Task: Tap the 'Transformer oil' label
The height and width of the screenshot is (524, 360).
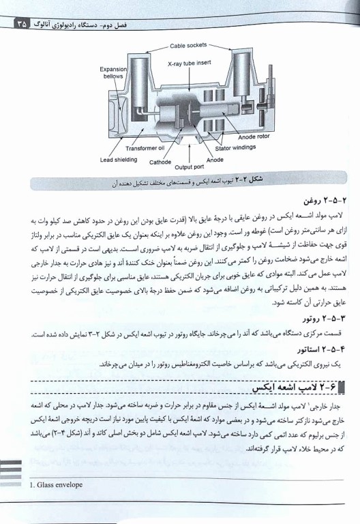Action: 145,147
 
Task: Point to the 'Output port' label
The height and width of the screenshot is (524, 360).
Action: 183,166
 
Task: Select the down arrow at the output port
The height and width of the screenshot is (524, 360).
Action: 183,151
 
